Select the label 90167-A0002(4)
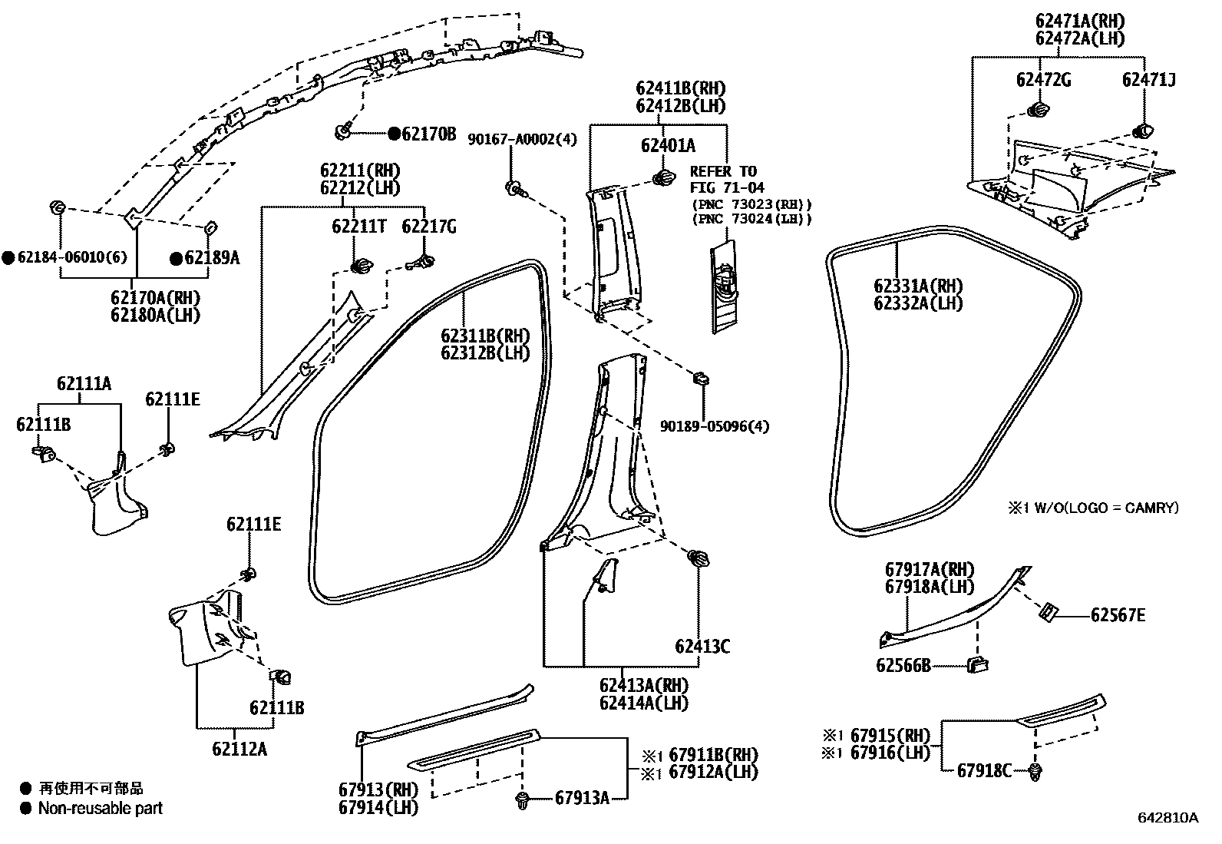(523, 138)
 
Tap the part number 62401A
(668, 145)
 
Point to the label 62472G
(1044, 79)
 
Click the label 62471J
(1149, 79)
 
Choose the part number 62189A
(211, 258)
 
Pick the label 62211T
(358, 227)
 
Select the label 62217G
(429, 227)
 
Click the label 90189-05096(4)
(715, 425)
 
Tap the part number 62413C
(702, 647)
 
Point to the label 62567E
(1118, 615)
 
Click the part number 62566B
(903, 665)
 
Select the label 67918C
(985, 770)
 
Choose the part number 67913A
(582, 799)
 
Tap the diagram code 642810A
(1168, 818)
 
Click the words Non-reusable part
(101, 808)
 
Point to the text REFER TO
(722, 171)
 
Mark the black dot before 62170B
(394, 134)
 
